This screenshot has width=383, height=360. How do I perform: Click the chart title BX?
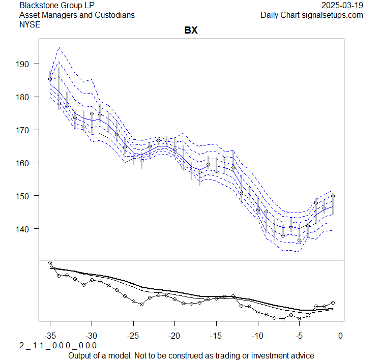pos(191,31)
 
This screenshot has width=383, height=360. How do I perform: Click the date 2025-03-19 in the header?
pos(343,5)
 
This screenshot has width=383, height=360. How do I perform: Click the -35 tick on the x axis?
pos(50,336)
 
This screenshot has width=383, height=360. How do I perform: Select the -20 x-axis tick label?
pos(174,336)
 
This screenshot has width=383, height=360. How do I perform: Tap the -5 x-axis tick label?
pos(299,336)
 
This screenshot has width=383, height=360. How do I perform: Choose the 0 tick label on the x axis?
pos(341,336)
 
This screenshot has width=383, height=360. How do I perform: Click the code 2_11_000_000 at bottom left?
pos(57,346)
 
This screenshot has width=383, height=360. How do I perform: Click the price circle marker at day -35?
pos(50,79)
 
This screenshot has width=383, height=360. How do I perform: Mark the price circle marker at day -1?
pos(333,196)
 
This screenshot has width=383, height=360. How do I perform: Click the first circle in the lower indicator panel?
pos(50,263)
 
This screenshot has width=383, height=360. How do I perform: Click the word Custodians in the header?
pos(115,15)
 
